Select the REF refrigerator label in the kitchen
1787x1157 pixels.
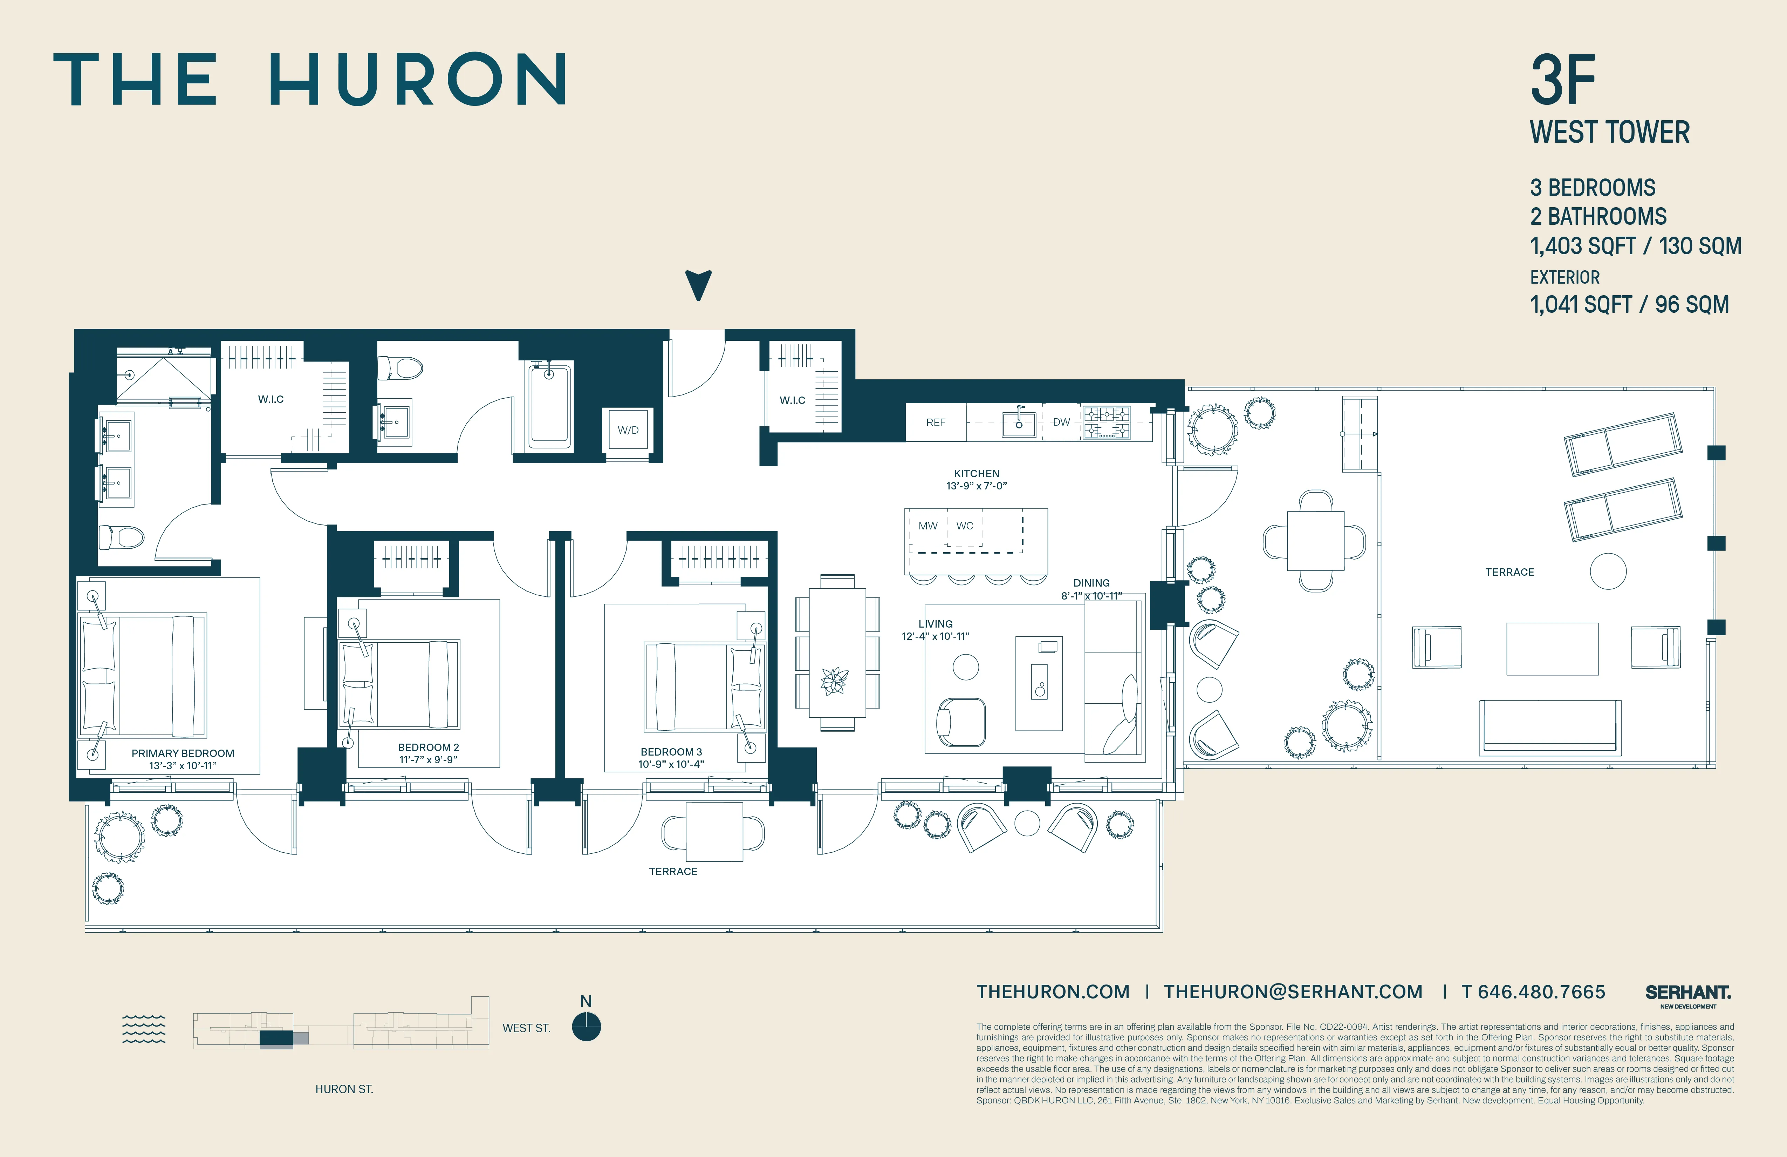point(936,422)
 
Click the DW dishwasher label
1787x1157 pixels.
point(1061,422)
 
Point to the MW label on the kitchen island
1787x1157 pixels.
point(928,526)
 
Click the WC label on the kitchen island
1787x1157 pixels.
point(965,526)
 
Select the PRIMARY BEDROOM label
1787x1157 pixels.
point(183,753)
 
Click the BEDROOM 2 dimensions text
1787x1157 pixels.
point(428,759)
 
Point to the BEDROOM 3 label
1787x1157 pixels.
point(671,751)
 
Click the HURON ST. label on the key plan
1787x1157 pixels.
point(344,1089)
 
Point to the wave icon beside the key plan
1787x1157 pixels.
point(143,1029)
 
